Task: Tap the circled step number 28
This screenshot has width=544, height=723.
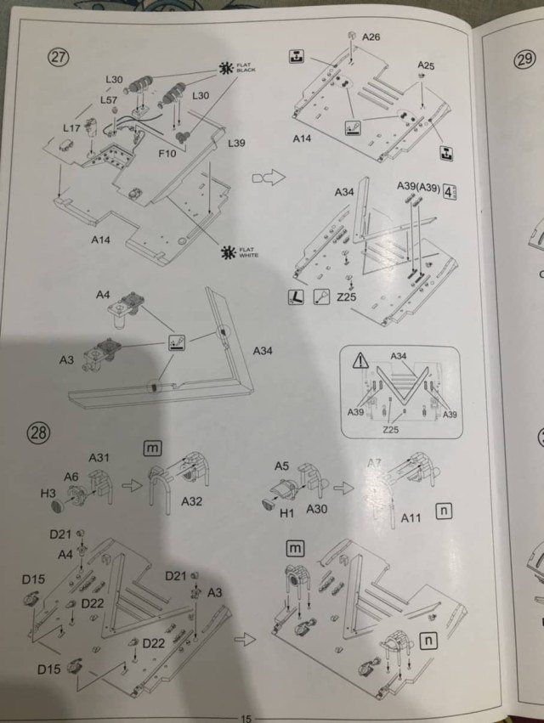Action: tap(40, 432)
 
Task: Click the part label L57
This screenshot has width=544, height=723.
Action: tap(108, 99)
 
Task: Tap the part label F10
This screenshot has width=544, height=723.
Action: tap(168, 155)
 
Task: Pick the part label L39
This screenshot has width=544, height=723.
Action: tap(236, 143)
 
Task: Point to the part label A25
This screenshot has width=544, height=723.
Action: tap(427, 65)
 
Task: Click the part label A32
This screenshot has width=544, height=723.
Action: tap(192, 501)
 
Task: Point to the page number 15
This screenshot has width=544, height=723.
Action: tap(247, 717)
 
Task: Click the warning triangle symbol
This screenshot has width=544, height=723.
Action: tap(363, 359)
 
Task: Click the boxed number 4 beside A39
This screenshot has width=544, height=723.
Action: tap(451, 189)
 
